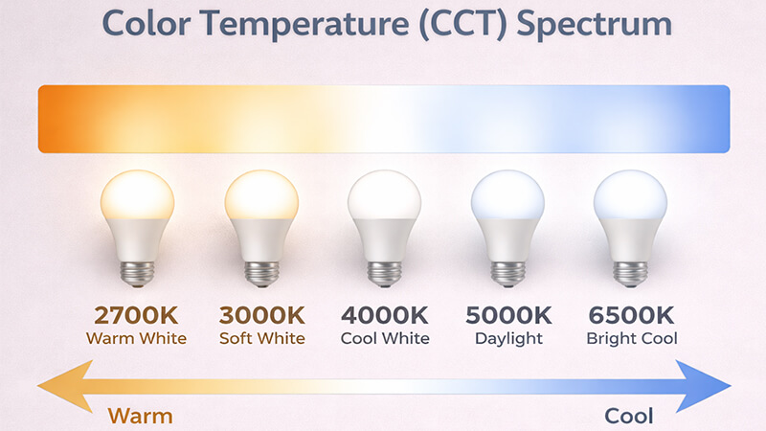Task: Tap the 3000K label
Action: [x=261, y=315]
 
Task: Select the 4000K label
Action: [x=384, y=315]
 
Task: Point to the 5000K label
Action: [x=507, y=315]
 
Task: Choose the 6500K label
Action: [x=630, y=315]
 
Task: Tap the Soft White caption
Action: [x=261, y=338]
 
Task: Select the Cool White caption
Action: [x=384, y=338]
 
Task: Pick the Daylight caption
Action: [x=507, y=338]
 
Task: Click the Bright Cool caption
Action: [x=630, y=338]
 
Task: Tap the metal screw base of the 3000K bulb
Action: [x=261, y=272]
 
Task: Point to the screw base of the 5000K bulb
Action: [x=507, y=272]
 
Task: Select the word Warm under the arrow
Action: [x=140, y=416]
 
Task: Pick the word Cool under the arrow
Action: [x=629, y=416]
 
